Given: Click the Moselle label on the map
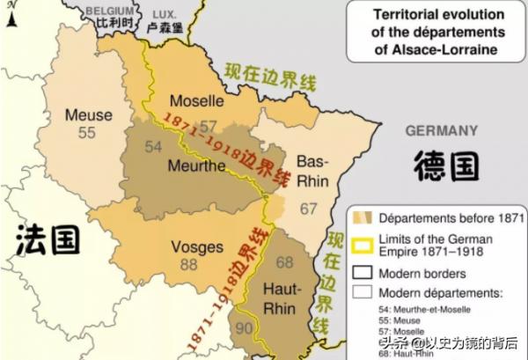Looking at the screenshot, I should (196, 99).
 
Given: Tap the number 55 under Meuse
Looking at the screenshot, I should (86, 132).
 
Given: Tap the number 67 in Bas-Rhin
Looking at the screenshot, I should (308, 209).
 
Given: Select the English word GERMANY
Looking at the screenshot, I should (440, 130).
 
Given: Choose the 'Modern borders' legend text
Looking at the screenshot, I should (420, 273).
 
